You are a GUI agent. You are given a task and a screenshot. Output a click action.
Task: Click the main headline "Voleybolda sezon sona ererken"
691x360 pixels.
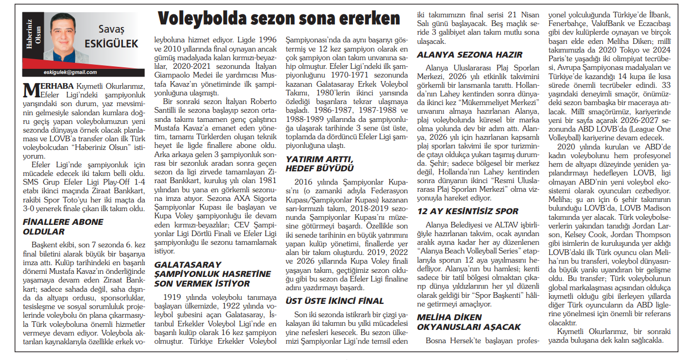[278, 18]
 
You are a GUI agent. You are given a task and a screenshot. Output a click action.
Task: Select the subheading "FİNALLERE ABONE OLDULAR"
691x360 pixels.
[63, 226]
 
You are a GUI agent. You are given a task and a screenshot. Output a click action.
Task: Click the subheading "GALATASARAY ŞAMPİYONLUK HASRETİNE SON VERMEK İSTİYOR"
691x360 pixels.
[212, 274]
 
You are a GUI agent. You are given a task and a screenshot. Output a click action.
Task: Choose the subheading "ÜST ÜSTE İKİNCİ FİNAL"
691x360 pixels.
[335, 301]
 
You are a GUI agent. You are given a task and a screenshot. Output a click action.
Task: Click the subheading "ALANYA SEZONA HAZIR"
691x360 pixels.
[462, 55]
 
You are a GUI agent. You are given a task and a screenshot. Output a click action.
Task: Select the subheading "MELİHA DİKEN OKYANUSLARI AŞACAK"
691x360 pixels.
[469, 322]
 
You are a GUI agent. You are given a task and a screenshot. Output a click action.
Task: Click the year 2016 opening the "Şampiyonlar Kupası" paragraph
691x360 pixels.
[305, 182]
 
